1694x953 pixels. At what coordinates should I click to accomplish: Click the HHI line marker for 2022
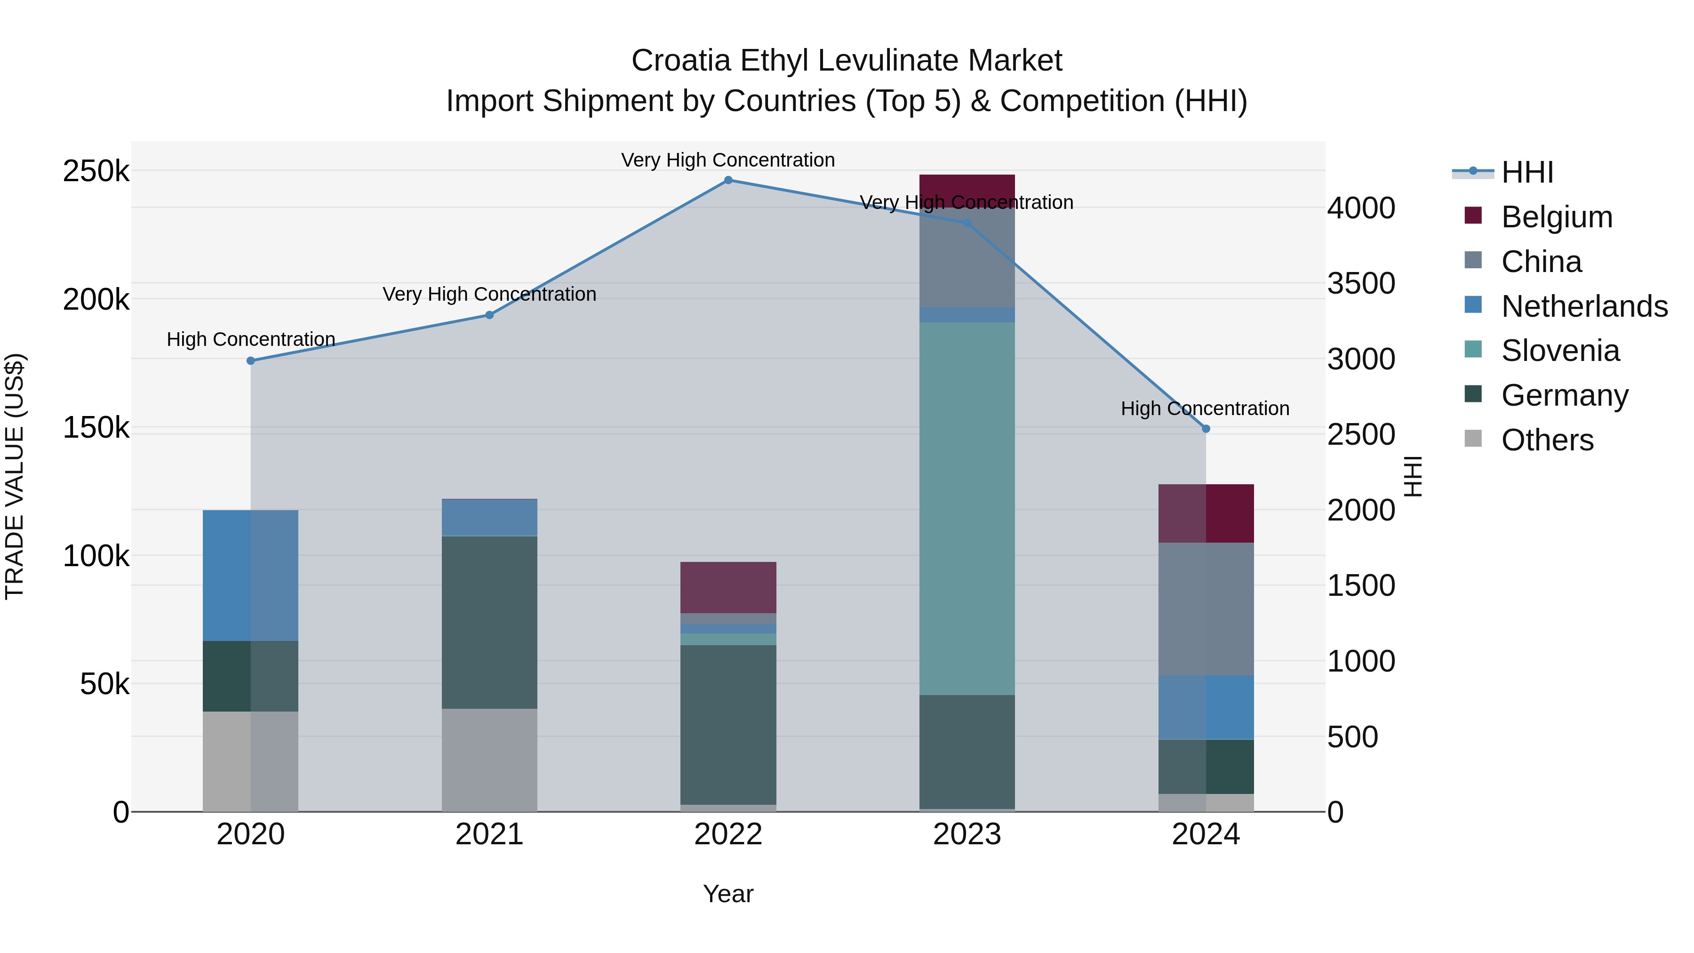(x=728, y=180)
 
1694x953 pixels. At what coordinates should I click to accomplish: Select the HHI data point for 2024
(x=1206, y=429)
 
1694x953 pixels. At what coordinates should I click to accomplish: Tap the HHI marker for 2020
(x=250, y=360)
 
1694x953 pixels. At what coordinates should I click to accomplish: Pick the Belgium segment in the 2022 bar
(x=728, y=587)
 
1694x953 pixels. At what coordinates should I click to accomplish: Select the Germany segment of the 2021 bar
(x=489, y=622)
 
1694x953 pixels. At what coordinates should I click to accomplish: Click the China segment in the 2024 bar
(x=1206, y=609)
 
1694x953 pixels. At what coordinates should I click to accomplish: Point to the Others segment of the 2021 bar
(x=489, y=760)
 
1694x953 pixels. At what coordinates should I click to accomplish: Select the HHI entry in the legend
(x=1527, y=172)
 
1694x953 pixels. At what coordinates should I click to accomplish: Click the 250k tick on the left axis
(x=96, y=172)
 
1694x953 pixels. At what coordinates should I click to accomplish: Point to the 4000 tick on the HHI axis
(x=1360, y=208)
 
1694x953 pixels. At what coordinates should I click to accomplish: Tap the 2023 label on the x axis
(x=967, y=834)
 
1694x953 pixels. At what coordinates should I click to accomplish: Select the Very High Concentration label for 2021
(x=489, y=294)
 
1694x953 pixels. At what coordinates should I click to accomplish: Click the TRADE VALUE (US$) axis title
(x=15, y=476)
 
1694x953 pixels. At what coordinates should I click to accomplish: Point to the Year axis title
(x=728, y=894)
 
